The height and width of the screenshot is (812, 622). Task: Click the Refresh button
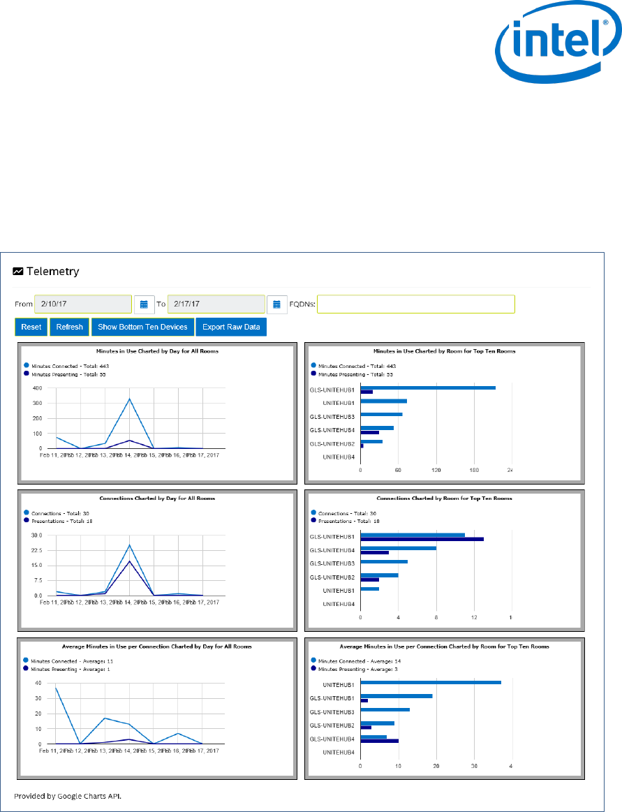click(x=69, y=327)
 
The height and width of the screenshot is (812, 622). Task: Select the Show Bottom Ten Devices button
click(x=142, y=327)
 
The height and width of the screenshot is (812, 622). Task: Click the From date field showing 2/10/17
click(x=82, y=304)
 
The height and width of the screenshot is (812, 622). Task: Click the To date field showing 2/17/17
click(x=216, y=304)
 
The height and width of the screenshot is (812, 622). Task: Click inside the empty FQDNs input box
click(x=415, y=304)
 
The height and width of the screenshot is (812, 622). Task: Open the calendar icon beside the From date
click(x=144, y=304)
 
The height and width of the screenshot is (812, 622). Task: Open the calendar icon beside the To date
click(x=276, y=304)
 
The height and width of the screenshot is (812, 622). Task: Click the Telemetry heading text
click(x=52, y=272)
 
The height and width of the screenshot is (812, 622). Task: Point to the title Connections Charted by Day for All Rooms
click(x=157, y=499)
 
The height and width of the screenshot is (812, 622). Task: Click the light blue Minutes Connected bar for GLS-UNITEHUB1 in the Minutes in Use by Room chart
click(x=428, y=387)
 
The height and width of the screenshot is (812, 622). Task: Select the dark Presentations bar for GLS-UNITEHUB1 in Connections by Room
click(x=422, y=539)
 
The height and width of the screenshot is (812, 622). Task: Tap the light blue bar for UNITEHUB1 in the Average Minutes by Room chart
click(x=430, y=682)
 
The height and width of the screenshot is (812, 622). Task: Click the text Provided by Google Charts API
click(x=73, y=795)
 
